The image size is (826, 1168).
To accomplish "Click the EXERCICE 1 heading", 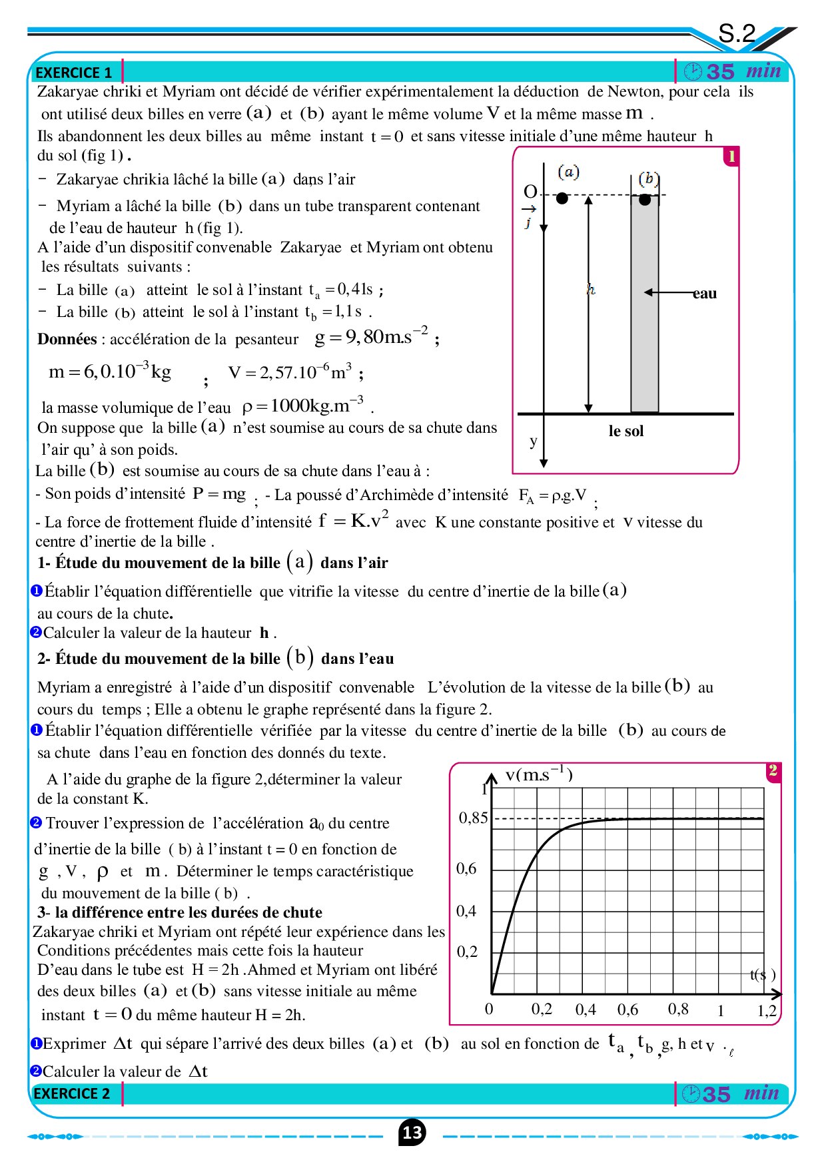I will [73, 73].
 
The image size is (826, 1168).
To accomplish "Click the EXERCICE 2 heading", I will [72, 1093].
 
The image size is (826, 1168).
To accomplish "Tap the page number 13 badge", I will [412, 1133].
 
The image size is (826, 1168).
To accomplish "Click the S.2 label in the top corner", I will [737, 33].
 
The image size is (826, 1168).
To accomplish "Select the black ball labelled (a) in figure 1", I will [562, 198].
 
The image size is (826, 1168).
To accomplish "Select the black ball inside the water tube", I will [645, 199].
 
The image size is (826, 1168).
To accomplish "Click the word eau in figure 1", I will [704, 294].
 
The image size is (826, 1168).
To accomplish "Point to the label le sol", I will [626, 431].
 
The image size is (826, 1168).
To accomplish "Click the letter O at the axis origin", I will [530, 192].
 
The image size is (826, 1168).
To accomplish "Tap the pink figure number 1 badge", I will [731, 156].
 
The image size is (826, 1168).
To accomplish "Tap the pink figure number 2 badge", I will [773, 771].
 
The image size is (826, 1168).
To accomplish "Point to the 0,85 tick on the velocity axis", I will [473, 818].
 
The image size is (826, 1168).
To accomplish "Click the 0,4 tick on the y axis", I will [466, 910].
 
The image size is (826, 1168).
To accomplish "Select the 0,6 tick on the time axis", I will [627, 1010].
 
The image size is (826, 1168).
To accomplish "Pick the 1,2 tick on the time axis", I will [767, 1011].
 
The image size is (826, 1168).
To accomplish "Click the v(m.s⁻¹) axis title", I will [539, 774].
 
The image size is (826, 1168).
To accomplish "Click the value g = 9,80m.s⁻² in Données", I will [371, 337].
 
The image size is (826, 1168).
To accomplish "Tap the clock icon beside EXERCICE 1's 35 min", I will [693, 71].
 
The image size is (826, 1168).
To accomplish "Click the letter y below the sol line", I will [533, 441].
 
